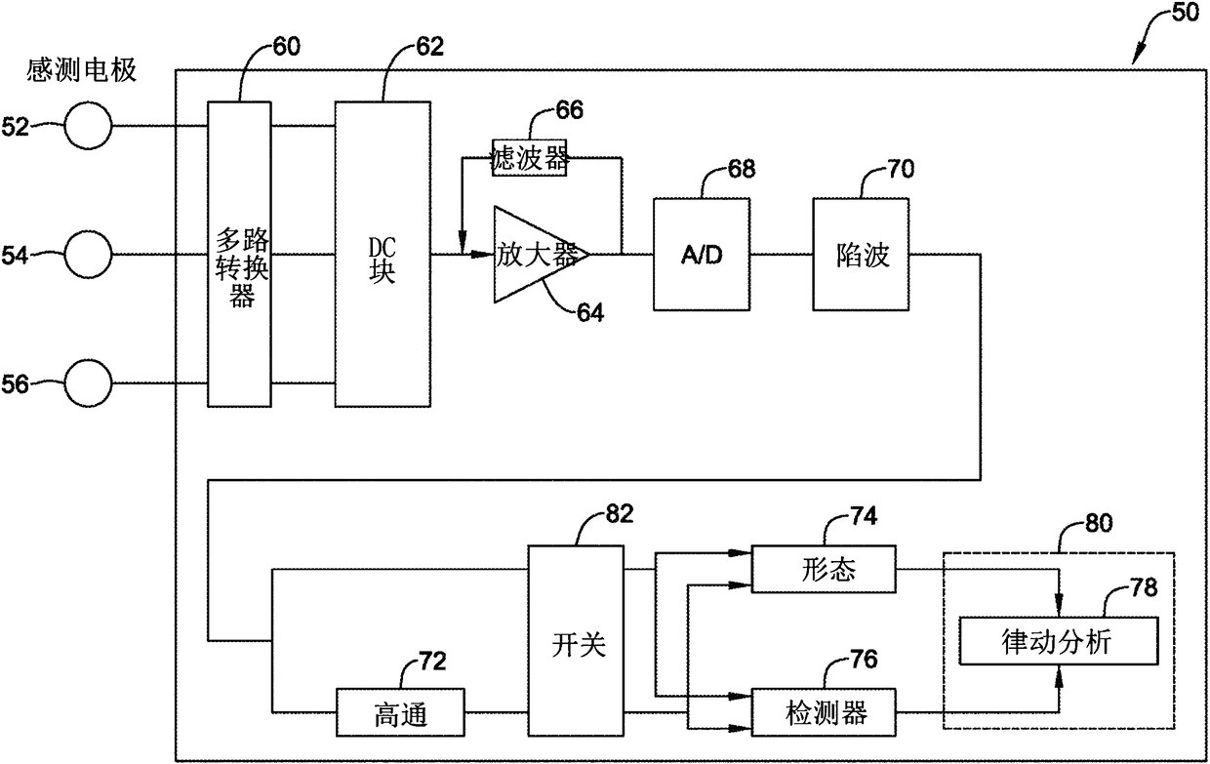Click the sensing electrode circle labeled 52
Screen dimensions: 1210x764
tap(88, 126)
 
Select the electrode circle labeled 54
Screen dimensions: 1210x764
tap(88, 255)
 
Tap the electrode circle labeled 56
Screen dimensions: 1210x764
tap(88, 383)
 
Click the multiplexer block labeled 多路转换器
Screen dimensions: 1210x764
tap(239, 254)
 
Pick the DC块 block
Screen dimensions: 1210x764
tap(383, 254)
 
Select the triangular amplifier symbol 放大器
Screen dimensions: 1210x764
tap(542, 254)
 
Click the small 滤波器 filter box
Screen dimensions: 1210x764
tap(529, 158)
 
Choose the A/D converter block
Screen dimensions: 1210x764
tap(702, 254)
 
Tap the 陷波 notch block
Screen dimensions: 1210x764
tap(861, 254)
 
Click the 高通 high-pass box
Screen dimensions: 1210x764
tap(400, 712)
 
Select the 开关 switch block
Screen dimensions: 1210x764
tap(576, 640)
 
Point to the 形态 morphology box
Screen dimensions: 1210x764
tap(824, 569)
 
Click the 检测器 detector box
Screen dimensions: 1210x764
tap(824, 712)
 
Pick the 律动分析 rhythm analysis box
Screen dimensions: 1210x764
tap(1059, 641)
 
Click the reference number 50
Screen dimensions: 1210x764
tap(1186, 13)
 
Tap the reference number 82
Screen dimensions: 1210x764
tap(620, 513)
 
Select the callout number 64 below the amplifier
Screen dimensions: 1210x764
tap(589, 312)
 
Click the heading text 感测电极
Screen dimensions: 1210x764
tap(82, 70)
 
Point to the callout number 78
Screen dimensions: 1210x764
tap(1144, 587)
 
